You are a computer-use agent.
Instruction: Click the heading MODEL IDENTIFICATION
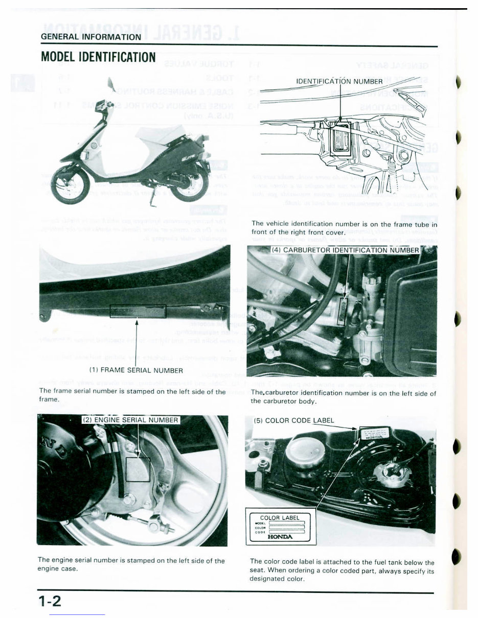[98, 57]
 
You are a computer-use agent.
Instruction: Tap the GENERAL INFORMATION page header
[91, 37]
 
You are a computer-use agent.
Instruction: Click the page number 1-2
[50, 601]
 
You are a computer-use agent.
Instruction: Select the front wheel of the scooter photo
[70, 187]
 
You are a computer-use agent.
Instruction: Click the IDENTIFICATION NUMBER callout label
[339, 81]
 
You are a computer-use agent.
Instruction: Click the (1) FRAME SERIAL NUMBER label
[136, 370]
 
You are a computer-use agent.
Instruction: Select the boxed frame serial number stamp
[138, 310]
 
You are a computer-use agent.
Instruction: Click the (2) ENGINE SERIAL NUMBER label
[131, 420]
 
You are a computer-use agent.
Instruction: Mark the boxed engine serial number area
[138, 469]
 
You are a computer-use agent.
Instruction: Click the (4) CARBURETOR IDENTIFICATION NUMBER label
[345, 250]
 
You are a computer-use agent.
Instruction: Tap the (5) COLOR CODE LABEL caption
[294, 420]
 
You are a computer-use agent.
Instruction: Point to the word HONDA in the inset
[280, 536]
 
